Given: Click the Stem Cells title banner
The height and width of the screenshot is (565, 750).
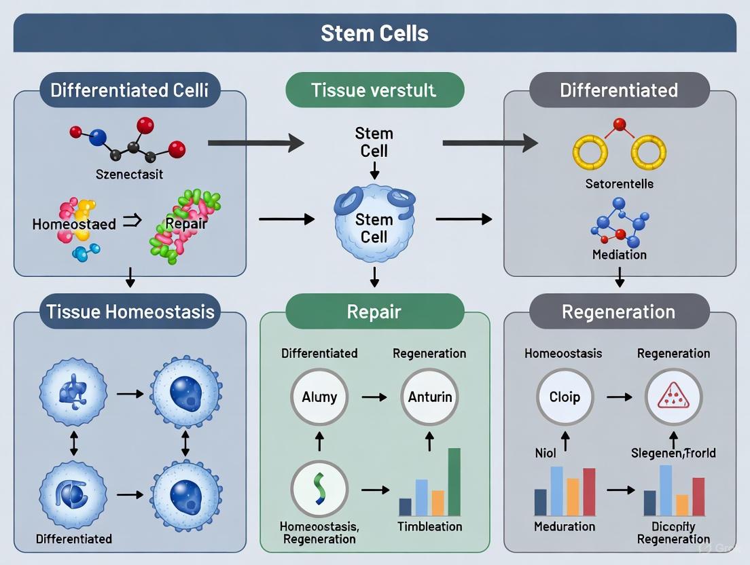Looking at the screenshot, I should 374,33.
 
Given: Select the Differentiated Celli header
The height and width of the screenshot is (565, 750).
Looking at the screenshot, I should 130,90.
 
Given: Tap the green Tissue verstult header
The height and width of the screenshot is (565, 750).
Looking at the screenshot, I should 374,90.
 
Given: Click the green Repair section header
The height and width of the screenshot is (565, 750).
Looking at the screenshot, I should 374,312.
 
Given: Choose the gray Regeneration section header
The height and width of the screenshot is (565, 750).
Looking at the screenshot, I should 619,312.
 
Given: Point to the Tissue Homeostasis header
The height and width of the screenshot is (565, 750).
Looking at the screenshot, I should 130,312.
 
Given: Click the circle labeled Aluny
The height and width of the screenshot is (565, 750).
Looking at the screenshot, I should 319,397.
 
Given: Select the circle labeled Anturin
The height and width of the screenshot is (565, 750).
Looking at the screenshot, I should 429,397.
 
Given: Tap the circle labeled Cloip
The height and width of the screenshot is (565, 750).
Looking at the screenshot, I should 565,397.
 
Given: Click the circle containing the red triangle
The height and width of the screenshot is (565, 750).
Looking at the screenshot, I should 673,397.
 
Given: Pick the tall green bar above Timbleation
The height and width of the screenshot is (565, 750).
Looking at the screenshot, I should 454,481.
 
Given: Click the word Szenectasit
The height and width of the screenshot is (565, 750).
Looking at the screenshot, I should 129,175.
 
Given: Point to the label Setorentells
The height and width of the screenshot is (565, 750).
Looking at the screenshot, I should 619,183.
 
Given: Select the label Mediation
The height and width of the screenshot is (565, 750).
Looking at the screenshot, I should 619,255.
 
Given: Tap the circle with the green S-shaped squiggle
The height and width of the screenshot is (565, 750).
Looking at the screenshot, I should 319,489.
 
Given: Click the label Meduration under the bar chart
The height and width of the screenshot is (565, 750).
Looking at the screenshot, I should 565,526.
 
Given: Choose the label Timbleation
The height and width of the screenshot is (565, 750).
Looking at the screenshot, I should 429,526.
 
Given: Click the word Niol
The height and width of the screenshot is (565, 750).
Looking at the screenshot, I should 545,453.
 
